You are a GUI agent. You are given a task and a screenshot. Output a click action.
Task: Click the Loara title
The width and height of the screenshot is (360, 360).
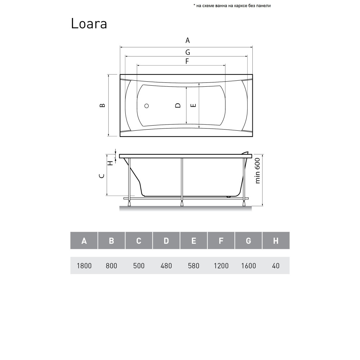coord(89,23)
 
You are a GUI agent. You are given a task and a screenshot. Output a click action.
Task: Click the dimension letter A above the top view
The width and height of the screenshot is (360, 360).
coord(188,40)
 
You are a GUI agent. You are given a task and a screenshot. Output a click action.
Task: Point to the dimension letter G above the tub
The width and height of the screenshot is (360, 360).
coord(188,53)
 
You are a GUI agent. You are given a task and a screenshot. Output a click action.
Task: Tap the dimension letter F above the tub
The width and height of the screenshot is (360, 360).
coord(187,61)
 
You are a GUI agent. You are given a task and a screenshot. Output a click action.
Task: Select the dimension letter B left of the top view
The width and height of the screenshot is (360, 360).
coord(102,105)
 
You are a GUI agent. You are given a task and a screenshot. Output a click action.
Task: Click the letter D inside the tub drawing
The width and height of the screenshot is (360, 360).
coord(177,105)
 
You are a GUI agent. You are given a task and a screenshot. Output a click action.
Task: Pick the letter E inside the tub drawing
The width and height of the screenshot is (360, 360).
coord(193,105)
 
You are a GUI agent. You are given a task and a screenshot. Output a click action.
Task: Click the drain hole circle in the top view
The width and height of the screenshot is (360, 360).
coord(147,106)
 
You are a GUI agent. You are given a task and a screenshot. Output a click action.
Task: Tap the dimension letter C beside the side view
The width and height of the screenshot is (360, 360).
coord(102,176)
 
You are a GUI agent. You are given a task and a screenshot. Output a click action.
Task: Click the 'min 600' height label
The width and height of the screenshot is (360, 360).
coord(258,171)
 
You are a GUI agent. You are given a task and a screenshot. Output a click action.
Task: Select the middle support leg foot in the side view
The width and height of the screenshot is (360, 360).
coord(182,204)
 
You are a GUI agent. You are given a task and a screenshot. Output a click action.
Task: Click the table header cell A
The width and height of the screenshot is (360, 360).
coord(84,241)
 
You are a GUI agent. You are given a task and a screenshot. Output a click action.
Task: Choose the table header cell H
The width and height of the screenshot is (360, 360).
coord(276,241)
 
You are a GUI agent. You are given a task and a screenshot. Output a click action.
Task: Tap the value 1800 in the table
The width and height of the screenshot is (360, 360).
coord(84,266)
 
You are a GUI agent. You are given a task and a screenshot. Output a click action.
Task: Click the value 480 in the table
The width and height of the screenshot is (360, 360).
coord(166,266)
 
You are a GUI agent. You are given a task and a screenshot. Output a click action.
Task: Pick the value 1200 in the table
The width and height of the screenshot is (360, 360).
coord(221,266)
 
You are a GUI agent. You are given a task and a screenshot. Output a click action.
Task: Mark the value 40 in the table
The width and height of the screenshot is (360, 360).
coord(276,266)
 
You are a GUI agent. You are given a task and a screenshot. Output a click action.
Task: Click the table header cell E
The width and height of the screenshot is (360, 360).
coord(194,241)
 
